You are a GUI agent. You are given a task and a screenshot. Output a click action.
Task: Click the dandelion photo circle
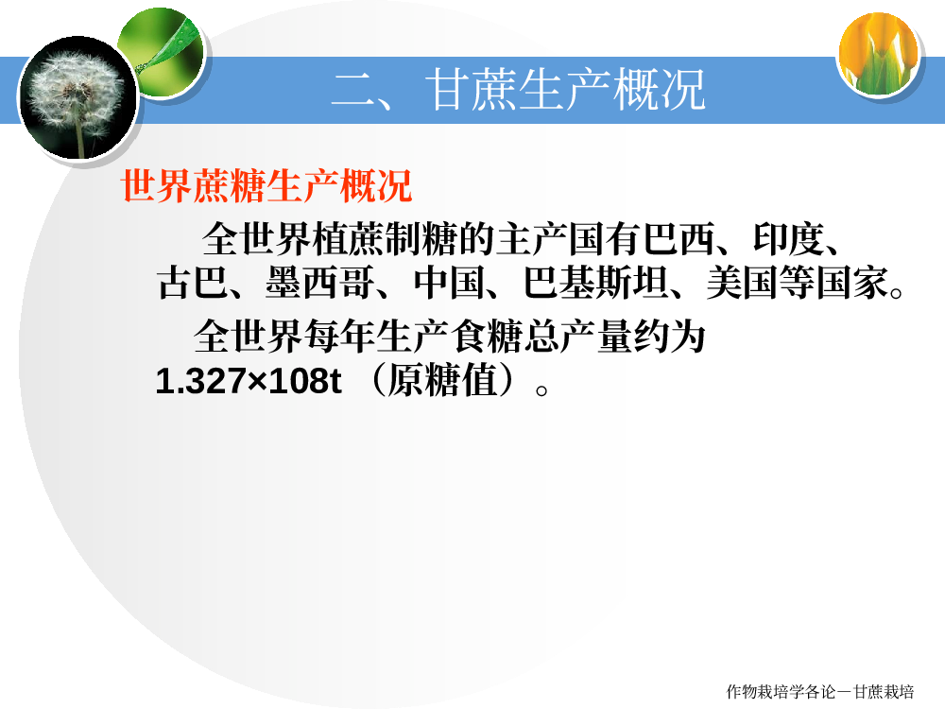77,97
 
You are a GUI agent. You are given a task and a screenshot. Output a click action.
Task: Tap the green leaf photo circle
161,52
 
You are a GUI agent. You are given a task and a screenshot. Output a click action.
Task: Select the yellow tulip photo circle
879,54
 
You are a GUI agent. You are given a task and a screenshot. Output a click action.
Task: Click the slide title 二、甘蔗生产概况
518,90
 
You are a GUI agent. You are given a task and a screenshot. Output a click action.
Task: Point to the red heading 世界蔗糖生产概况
266,185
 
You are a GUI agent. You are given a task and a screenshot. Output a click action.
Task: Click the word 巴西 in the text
679,239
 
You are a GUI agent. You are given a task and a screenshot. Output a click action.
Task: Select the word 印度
788,239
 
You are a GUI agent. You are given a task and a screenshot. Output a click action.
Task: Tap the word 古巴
192,282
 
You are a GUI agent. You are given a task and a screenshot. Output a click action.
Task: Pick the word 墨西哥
319,282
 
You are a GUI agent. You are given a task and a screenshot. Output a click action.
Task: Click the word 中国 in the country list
449,282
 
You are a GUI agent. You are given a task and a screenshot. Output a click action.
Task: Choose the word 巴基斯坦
595,282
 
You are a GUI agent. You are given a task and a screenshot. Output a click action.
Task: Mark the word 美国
743,282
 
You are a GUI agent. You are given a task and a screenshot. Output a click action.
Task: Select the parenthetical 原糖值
442,380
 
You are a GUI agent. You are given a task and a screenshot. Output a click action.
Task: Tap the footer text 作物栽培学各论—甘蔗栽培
820,692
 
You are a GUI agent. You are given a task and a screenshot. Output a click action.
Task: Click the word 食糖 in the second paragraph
487,337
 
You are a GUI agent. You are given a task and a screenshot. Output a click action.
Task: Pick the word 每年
340,337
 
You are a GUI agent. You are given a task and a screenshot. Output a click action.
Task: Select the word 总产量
578,337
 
